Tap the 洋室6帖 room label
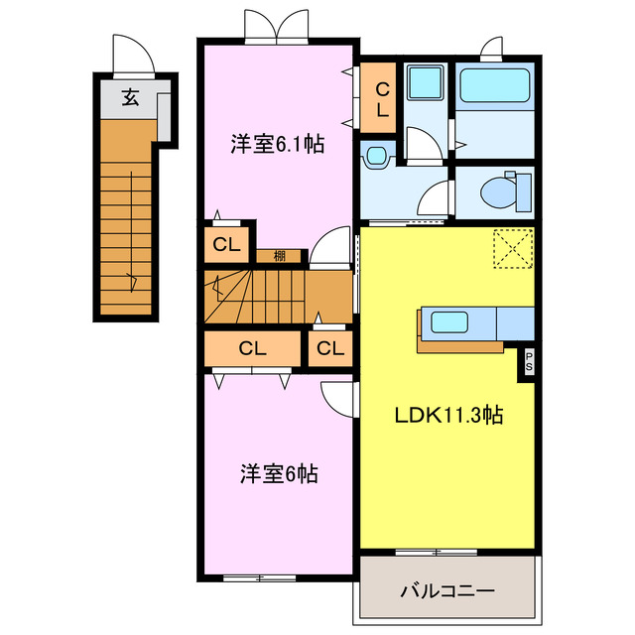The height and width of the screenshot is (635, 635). [x=279, y=474]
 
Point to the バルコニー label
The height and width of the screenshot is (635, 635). [x=447, y=591]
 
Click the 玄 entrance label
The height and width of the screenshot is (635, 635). [x=130, y=97]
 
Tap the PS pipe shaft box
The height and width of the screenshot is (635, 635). [x=529, y=363]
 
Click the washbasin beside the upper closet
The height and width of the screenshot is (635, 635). [x=375, y=155]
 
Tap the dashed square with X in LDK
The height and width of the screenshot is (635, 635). [x=512, y=248]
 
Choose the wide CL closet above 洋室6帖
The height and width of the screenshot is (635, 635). [x=253, y=348]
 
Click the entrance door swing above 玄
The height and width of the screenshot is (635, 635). [x=134, y=55]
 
